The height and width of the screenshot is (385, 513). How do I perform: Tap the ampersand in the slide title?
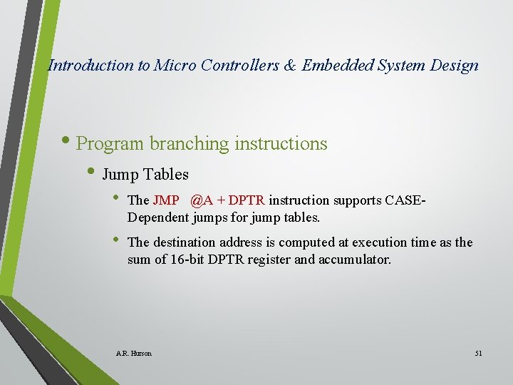[289, 66]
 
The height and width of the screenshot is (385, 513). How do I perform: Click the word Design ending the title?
[455, 66]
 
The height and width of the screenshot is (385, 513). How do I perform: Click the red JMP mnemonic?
[166, 201]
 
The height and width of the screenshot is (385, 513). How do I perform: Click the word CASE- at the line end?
[405, 201]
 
